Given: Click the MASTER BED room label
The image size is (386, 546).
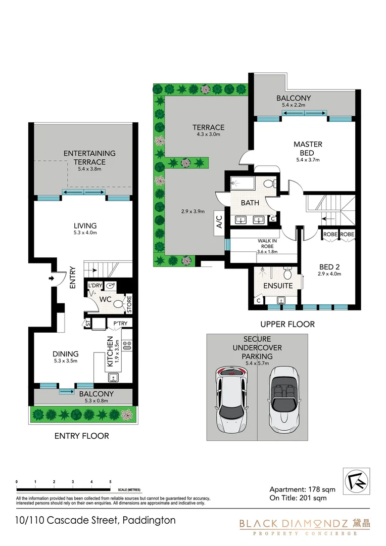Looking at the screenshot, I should coord(308,149).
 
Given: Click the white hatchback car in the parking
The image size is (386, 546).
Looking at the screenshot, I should coord(232,403).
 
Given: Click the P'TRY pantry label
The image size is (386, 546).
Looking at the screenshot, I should coord(120,324).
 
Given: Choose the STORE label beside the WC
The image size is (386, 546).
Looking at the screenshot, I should coord(129,304).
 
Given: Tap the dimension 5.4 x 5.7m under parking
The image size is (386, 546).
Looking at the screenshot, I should coord(258,363).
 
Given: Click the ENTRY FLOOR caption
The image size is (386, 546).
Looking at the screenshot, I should coord(81,436).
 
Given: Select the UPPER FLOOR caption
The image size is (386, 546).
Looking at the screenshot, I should coord(288,324).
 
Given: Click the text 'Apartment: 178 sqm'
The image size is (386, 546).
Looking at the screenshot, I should coord(301,489).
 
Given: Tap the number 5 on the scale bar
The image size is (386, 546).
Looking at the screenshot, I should coord(110,482).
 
